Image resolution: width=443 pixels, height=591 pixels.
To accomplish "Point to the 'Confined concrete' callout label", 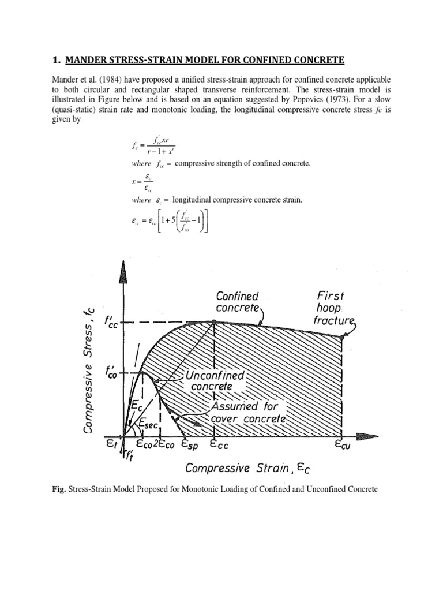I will [237, 302].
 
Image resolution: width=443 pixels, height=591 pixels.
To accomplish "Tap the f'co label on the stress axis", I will [112, 372].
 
